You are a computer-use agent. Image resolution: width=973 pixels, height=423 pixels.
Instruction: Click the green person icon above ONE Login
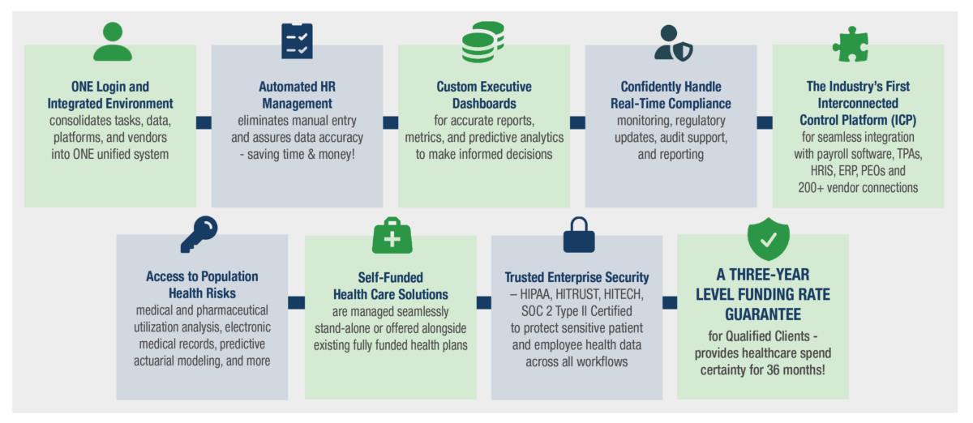pos(113,41)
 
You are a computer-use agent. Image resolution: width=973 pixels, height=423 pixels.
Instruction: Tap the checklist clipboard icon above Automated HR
pos(297,41)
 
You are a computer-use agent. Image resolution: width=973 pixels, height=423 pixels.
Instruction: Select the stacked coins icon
pos(483,41)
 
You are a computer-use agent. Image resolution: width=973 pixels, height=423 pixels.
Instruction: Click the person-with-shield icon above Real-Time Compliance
pos(673,43)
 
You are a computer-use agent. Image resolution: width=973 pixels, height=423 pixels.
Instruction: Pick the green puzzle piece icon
pos(851,45)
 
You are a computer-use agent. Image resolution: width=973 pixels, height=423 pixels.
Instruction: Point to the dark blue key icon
pos(199,234)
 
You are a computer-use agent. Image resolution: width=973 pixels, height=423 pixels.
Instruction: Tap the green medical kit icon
pos(392,235)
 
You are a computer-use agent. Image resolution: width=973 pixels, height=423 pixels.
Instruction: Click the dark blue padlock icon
pos(579,234)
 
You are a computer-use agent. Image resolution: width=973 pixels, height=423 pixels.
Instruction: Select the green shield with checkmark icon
pos(769,239)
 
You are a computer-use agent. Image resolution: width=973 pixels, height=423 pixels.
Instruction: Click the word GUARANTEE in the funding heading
pos(763,314)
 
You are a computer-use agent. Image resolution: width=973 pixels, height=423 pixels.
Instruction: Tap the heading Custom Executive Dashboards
pos(484,95)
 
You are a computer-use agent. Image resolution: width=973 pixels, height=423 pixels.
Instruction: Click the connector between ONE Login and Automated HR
pos(204,122)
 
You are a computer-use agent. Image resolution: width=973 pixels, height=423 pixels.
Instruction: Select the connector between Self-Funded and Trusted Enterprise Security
pos(484,302)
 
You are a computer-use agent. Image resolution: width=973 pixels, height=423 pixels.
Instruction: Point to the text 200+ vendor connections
pos(858,188)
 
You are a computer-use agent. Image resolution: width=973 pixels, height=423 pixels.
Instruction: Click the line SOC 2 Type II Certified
pos(577,311)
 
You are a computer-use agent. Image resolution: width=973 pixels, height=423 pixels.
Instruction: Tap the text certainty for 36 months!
pos(763,370)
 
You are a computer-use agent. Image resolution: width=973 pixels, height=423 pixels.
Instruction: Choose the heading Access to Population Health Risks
pos(202,285)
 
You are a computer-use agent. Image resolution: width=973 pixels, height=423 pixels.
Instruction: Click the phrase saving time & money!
pos(301,154)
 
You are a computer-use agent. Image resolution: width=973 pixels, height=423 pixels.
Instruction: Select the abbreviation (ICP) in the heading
pos(902,120)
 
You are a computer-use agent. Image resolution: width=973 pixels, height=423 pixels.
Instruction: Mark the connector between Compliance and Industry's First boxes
pos(765,122)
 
